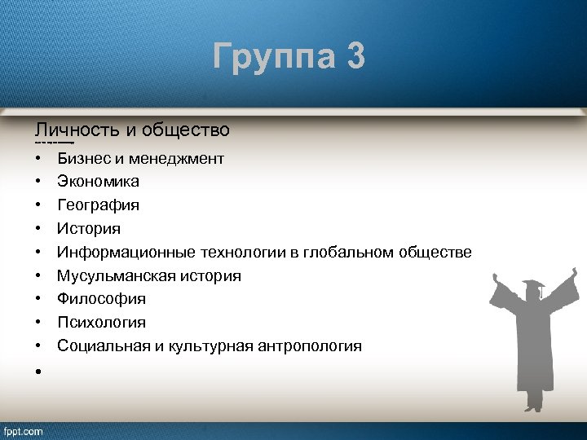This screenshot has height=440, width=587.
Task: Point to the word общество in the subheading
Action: click(185, 130)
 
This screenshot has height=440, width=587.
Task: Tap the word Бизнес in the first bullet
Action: click(83, 158)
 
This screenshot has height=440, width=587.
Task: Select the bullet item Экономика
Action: click(98, 181)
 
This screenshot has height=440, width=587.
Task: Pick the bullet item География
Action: click(98, 205)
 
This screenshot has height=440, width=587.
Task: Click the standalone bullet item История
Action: click(89, 228)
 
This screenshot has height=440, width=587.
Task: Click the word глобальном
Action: click(348, 252)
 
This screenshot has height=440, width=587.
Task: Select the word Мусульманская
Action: click(113, 275)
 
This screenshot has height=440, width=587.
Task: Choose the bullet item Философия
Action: click(101, 299)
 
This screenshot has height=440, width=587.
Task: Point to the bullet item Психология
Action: click(101, 323)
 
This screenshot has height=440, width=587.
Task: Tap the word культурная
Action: click(207, 346)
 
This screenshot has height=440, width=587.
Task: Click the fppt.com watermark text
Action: click(24, 431)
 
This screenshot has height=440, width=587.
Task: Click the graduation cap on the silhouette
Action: click(532, 287)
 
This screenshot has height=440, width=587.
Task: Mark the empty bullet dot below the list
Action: click(38, 370)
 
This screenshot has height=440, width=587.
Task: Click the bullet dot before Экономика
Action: click(38, 182)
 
